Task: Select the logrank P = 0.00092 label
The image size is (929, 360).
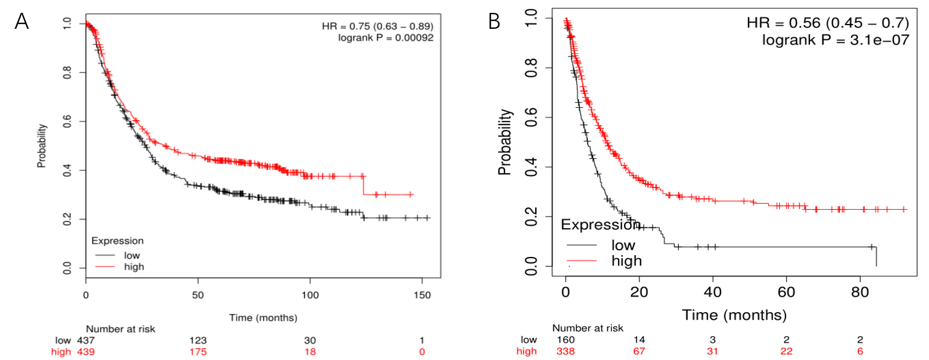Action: tap(386, 37)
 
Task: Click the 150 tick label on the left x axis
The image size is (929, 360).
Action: tap(420, 295)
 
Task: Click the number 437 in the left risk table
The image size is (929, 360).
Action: tap(85, 340)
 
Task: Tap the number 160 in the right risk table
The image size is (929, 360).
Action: tap(565, 340)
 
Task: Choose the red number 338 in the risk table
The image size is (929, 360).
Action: tap(565, 351)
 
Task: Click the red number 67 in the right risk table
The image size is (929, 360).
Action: tap(639, 351)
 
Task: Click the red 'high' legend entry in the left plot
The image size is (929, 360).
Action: tap(134, 266)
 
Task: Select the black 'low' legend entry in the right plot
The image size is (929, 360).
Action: tap(623, 245)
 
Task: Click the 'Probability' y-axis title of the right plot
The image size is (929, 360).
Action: tap(505, 142)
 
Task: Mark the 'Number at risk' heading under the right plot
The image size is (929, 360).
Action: tap(587, 328)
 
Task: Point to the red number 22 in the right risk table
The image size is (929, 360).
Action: tap(786, 351)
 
